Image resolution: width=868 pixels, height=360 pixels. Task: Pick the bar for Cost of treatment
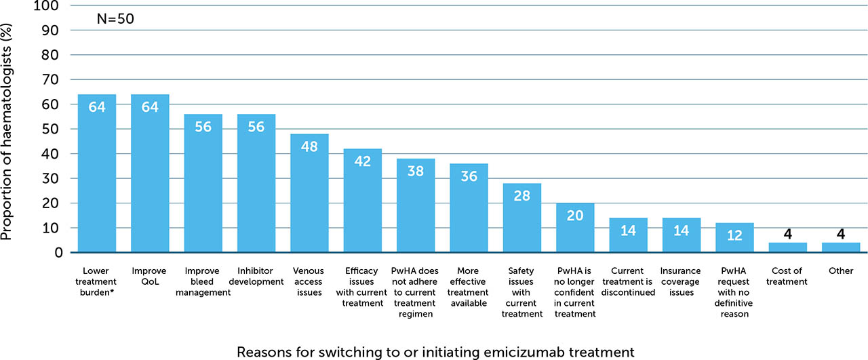click(x=788, y=247)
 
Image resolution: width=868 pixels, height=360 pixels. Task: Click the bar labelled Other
click(x=841, y=247)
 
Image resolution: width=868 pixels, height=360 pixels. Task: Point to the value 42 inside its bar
click(x=363, y=161)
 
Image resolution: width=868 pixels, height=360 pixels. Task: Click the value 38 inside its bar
click(x=416, y=171)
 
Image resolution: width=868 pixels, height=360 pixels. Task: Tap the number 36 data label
click(x=469, y=176)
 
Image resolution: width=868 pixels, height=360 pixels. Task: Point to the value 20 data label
click(x=575, y=215)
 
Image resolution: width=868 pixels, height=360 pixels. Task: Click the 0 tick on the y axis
click(x=58, y=253)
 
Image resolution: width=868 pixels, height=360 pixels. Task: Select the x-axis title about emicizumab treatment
click(x=435, y=352)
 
